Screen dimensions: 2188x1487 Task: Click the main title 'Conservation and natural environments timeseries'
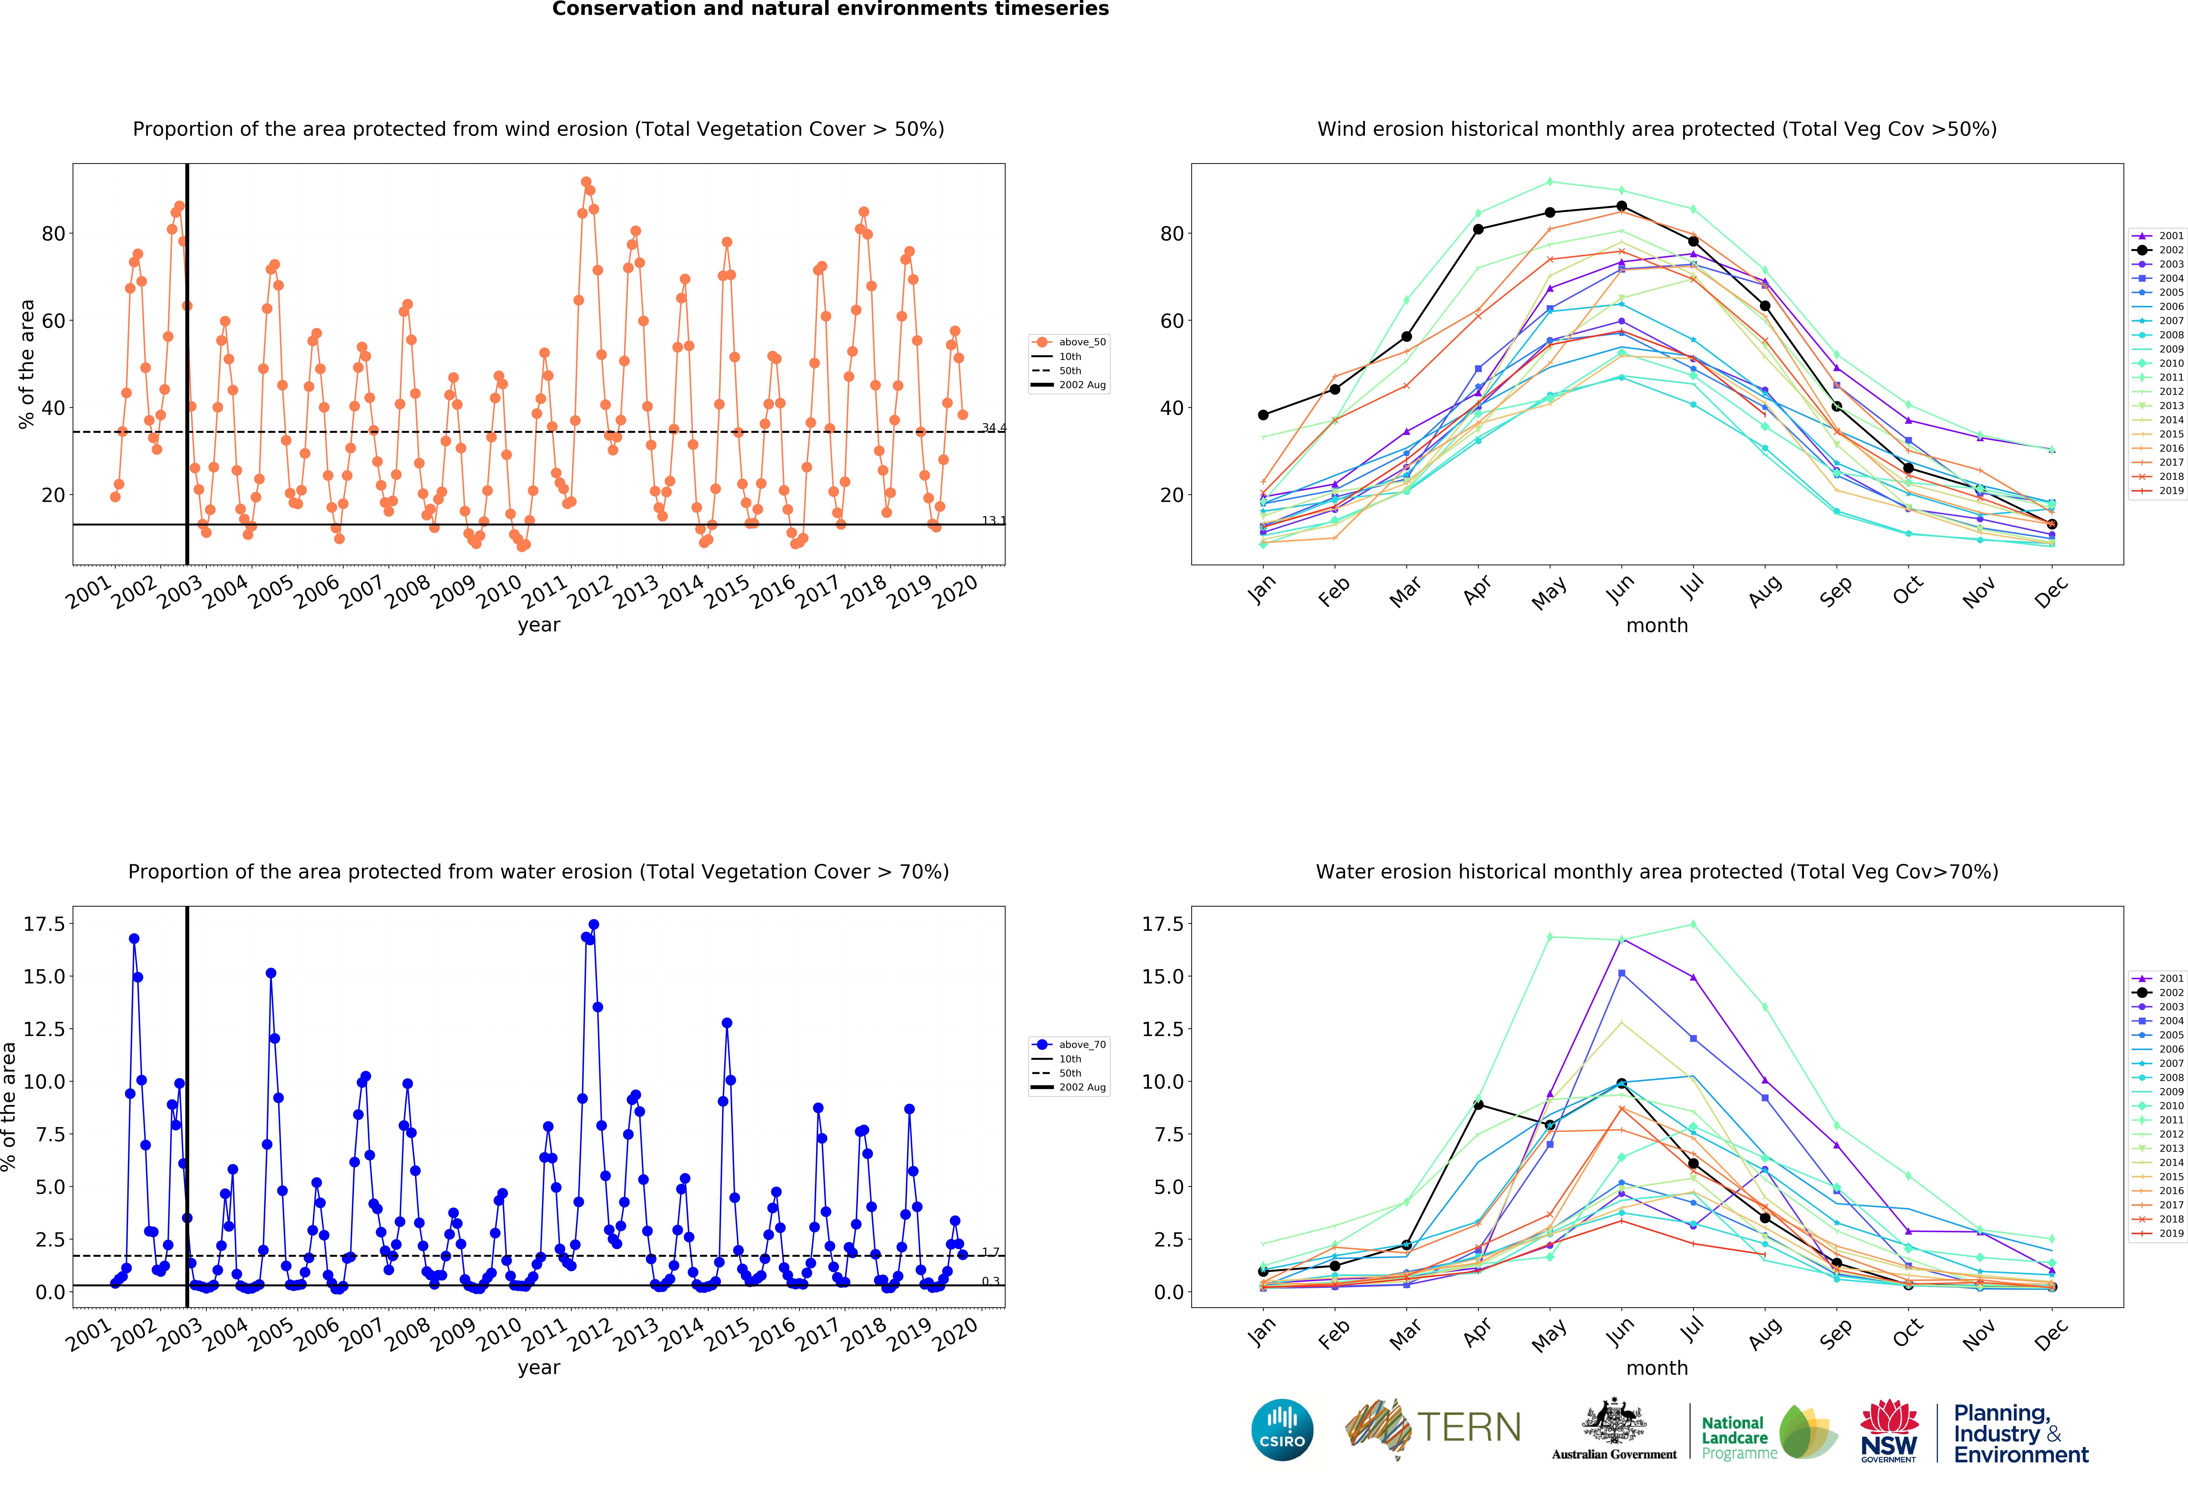pos(830,9)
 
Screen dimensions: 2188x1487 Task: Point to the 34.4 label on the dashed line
pos(993,427)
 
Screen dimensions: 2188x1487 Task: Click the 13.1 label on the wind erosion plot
pos(993,520)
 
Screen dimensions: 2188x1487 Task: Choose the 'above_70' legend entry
pos(1070,1044)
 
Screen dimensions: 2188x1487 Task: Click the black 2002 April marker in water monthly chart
pos(1478,1105)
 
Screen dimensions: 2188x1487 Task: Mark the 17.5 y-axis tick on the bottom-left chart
pos(44,924)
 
